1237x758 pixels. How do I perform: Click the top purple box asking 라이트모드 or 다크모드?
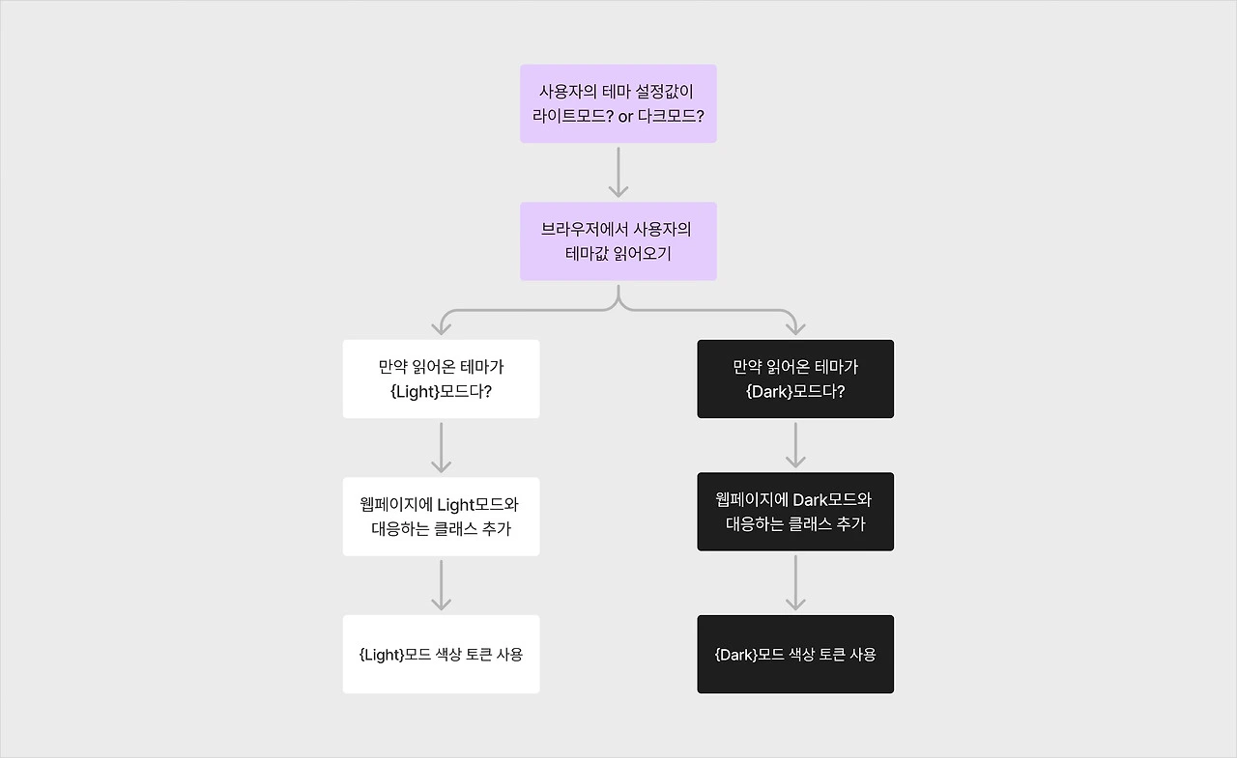pos(618,103)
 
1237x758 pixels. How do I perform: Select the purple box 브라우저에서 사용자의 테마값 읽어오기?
pos(618,241)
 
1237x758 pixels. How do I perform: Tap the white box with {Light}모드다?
pos(441,379)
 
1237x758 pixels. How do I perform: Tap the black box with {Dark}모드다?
pos(795,379)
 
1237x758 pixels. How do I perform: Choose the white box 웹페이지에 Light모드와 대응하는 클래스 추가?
pos(441,517)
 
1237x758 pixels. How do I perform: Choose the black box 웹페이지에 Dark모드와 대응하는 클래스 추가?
pos(795,512)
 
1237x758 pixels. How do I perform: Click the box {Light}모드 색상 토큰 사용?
pos(441,654)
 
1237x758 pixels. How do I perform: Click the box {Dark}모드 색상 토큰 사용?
pos(795,654)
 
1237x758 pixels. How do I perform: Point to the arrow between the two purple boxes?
pos(618,173)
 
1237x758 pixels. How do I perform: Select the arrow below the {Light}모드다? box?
pos(441,447)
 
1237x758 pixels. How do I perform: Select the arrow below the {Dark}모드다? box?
pos(795,444)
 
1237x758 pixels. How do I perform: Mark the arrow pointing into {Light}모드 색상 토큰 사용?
pos(441,585)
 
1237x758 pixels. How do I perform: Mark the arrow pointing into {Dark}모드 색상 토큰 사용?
pos(795,582)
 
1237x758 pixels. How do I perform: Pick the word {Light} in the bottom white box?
pos(381,655)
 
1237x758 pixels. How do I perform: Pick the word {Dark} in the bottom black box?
pos(735,655)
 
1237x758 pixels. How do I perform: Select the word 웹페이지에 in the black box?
pos(751,500)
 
